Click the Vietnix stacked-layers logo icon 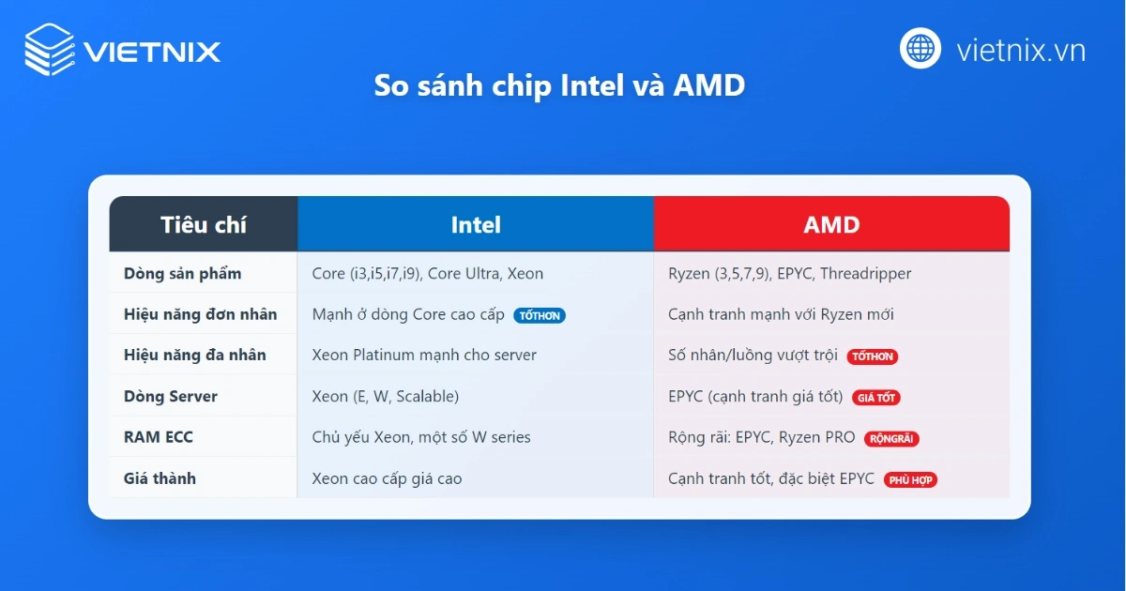50,50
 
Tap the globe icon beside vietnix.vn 921,49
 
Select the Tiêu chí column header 204,224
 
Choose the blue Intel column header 476,224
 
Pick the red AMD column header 831,224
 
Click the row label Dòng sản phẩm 183,274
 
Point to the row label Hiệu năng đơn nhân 201,314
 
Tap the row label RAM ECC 159,437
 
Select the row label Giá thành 160,478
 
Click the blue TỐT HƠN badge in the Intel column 540,316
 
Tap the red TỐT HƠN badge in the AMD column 873,356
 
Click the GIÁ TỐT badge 876,398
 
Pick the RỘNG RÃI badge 892,438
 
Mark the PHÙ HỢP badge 910,479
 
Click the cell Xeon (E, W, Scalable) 386,397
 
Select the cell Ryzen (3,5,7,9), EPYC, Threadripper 790,274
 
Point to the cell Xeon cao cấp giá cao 388,478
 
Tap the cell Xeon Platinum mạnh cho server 424,356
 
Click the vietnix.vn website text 1021,50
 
